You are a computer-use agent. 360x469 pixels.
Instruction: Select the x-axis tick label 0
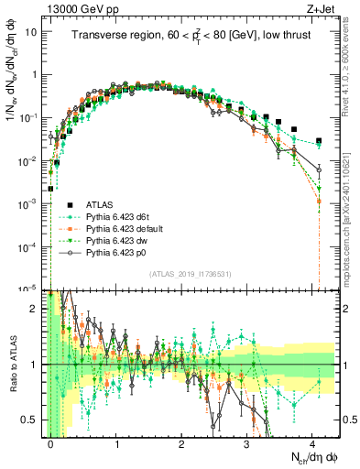pyautogui.click(x=50, y=442)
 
